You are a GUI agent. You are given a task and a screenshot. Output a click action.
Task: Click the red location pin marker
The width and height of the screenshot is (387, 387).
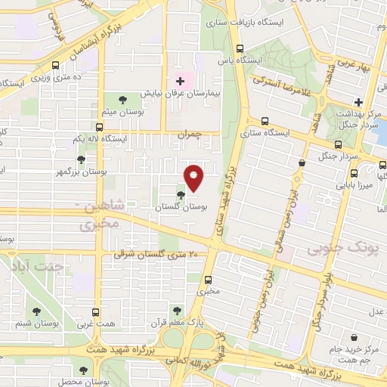coord(194,178)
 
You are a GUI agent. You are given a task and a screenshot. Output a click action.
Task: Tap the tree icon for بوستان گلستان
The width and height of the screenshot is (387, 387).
coord(179,196)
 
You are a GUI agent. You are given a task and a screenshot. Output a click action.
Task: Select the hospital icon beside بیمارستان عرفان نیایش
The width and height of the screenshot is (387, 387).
coord(180,81)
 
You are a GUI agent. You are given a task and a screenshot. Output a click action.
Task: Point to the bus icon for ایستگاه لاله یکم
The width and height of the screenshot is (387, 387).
coord(99,128)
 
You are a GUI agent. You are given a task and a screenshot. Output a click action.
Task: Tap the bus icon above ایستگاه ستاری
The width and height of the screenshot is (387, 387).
coord(264,121)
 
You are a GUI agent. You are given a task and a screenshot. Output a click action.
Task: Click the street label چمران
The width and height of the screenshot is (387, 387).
coord(190,133)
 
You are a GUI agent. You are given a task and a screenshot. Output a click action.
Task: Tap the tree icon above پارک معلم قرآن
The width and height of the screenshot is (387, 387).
coord(177,310)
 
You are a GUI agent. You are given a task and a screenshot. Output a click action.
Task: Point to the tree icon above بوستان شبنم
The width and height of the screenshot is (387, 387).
coord(36,311)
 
